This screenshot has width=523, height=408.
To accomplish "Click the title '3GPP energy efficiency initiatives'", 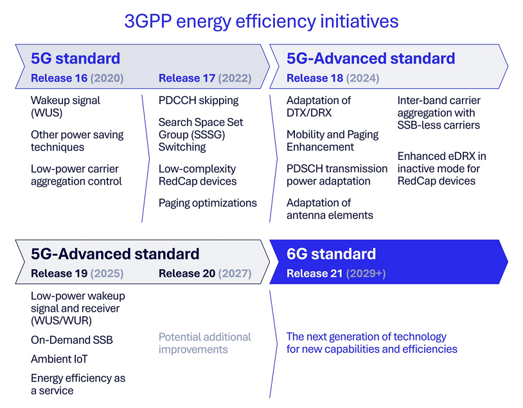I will click(x=261, y=21).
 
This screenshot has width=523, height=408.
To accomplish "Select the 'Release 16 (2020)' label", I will click(x=77, y=78).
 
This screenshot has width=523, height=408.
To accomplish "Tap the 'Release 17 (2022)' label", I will click(x=205, y=78).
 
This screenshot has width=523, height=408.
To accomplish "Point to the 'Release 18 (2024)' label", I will click(x=333, y=78).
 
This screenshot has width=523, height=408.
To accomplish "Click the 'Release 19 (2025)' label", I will click(x=77, y=273).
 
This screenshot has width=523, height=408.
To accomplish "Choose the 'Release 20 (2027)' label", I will click(x=205, y=273).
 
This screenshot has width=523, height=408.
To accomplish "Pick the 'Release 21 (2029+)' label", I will click(x=336, y=273).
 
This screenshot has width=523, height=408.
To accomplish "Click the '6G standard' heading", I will click(x=331, y=253).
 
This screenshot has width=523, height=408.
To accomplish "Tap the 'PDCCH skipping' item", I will click(x=199, y=100).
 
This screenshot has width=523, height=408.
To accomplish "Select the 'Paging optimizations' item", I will click(x=208, y=203).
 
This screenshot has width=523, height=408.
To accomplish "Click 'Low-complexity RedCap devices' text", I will click(x=197, y=175).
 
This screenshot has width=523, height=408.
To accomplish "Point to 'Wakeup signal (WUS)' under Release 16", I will click(x=66, y=107).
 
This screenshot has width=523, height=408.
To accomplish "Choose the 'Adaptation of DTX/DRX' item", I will click(x=319, y=107).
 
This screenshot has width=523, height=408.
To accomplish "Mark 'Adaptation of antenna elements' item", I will click(x=330, y=209).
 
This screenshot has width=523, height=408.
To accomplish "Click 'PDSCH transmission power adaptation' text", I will click(x=337, y=175).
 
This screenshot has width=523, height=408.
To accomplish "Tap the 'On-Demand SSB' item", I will click(x=72, y=340).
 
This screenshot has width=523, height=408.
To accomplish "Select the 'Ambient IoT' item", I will click(x=59, y=359).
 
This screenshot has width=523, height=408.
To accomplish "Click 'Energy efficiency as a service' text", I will click(x=78, y=384).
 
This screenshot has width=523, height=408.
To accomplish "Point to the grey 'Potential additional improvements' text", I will click(x=204, y=343).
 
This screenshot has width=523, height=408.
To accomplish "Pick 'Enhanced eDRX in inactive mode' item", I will click(x=441, y=168).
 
